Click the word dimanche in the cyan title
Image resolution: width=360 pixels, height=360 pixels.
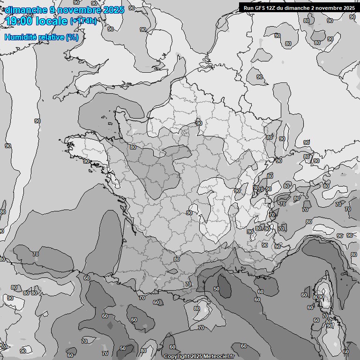pyautogui.click(x=26, y=10)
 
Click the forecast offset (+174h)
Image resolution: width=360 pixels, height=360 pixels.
pyautogui.click(x=83, y=21)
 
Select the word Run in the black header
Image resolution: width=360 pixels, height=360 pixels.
pyautogui.click(x=248, y=8)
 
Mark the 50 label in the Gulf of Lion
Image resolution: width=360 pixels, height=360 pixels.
pyautogui.click(x=216, y=289)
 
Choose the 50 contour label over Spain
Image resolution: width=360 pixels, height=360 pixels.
pyautogui.click(x=122, y=348)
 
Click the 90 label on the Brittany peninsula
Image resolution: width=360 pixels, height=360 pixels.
pyautogui.click(x=86, y=161)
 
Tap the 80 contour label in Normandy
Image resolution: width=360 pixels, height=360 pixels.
pyautogui.click(x=133, y=147)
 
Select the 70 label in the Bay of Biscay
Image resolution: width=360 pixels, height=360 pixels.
pyautogui.click(x=36, y=254)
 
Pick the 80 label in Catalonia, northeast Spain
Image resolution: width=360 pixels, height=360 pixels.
pyautogui.click(x=196, y=308)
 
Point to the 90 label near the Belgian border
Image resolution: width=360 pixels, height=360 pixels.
pyautogui.click(x=199, y=123)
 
